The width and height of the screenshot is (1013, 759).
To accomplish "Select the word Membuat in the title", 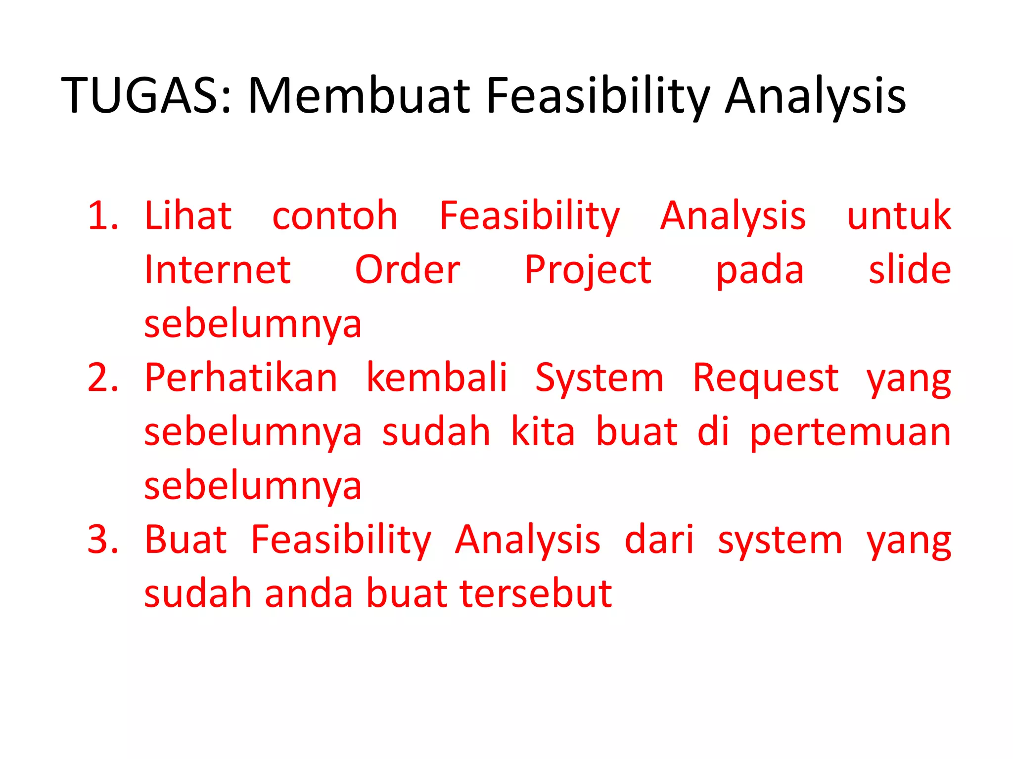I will [x=359, y=96].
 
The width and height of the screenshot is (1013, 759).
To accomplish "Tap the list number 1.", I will [x=102, y=216].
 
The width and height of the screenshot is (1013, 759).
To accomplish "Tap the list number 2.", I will [x=102, y=378].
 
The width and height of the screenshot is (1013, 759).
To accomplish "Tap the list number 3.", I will [x=102, y=540].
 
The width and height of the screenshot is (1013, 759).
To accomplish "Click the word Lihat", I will [x=188, y=216].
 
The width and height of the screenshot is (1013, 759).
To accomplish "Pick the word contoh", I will [x=335, y=216].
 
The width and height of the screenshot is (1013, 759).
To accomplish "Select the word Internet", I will [x=217, y=270].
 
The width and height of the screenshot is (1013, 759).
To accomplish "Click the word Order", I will [x=408, y=270].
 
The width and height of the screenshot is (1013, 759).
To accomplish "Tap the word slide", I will [x=910, y=270].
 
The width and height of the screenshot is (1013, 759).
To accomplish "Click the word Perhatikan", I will [x=241, y=378].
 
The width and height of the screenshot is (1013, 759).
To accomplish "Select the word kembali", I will [x=437, y=378].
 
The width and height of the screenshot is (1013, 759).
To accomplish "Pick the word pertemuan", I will [x=850, y=433].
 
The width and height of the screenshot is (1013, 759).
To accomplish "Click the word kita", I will [x=543, y=432].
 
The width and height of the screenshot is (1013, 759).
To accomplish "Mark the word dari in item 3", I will [x=659, y=540].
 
